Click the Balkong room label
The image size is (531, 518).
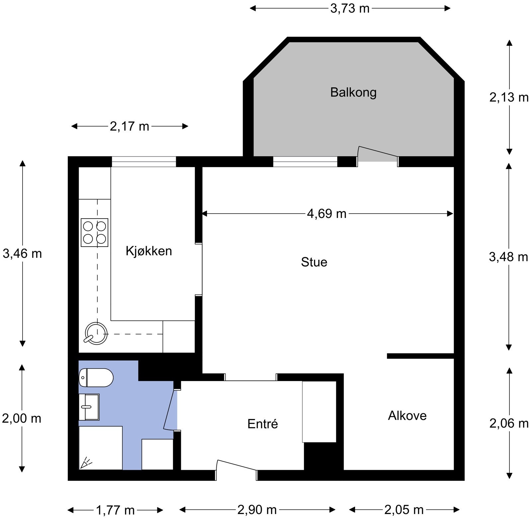click(x=353, y=92)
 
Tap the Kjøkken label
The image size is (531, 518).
click(x=149, y=251)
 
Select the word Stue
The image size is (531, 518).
click(x=314, y=262)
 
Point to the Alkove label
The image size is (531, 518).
click(x=407, y=416)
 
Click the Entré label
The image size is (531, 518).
click(x=263, y=424)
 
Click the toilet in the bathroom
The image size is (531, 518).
click(x=96, y=377)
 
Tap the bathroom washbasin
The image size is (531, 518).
click(x=89, y=407)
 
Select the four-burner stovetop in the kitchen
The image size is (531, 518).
click(x=95, y=232)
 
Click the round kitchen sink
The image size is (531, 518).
click(x=96, y=334)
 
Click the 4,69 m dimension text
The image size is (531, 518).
click(x=327, y=214)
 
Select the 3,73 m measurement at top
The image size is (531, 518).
click(x=350, y=8)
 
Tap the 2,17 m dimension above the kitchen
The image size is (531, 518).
click(x=129, y=126)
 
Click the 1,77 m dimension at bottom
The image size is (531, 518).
click(x=115, y=510)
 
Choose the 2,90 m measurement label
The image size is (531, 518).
click(x=257, y=510)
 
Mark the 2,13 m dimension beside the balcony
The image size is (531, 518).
click(x=508, y=97)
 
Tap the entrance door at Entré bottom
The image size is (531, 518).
click(x=236, y=468)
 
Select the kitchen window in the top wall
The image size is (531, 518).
click(x=144, y=161)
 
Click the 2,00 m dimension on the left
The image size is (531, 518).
click(x=22, y=418)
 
